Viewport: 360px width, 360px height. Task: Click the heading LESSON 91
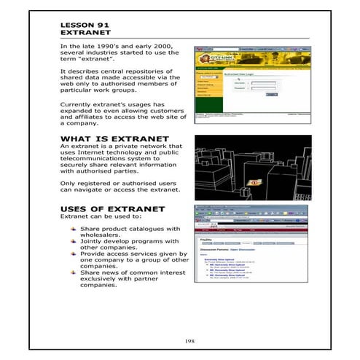point(83,25)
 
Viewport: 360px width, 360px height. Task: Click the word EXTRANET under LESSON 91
point(82,34)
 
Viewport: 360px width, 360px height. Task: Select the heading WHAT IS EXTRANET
point(114,138)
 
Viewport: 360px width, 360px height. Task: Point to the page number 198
point(179,340)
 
